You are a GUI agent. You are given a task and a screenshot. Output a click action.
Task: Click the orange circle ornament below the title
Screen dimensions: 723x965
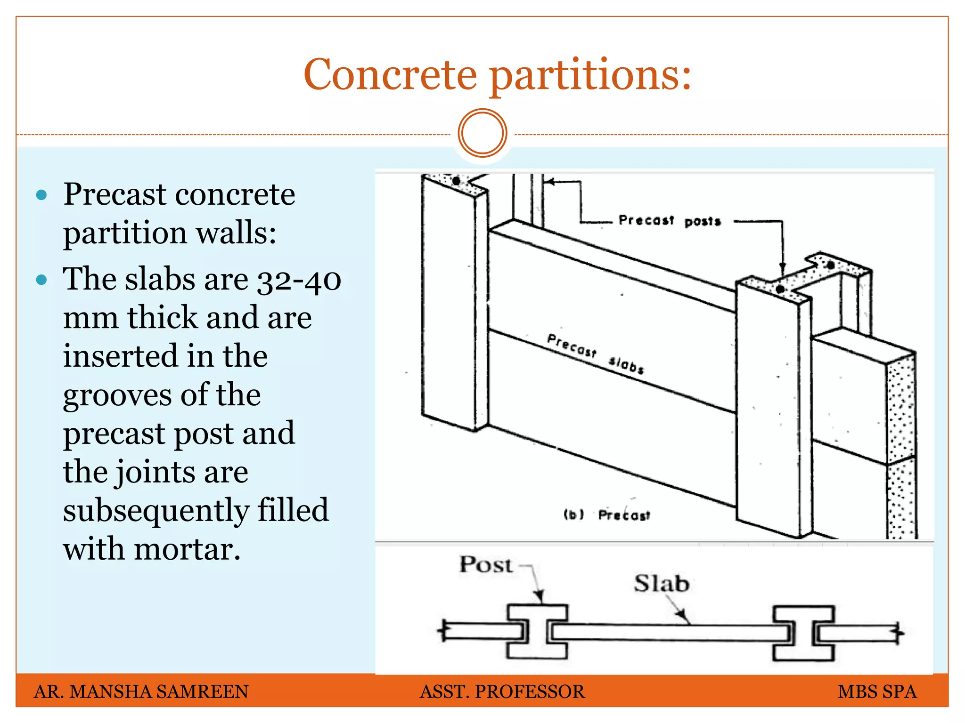coord(482,133)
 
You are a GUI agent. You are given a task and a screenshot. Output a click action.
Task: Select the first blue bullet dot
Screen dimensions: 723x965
coord(41,195)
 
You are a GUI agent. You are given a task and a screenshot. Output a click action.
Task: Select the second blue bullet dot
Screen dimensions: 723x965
coord(41,280)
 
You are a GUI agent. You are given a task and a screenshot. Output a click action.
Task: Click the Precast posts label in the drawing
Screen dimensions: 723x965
coord(669,221)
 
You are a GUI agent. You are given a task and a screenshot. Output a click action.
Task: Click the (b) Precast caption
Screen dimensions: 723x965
coord(607,515)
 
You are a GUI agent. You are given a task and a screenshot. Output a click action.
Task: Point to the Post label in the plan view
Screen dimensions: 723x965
coord(485,564)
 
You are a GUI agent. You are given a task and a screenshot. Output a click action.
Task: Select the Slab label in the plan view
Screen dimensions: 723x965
coord(661,584)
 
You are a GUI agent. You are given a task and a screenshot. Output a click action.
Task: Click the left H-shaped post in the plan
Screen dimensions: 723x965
coord(537,632)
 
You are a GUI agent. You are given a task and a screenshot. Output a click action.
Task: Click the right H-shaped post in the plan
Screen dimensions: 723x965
coord(803,634)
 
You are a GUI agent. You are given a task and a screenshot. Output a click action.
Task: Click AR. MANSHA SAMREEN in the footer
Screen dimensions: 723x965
coord(141,691)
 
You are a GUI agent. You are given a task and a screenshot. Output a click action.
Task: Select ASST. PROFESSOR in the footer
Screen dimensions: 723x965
coord(502,691)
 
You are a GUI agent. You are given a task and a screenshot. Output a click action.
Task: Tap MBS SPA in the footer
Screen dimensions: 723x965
coord(877,691)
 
